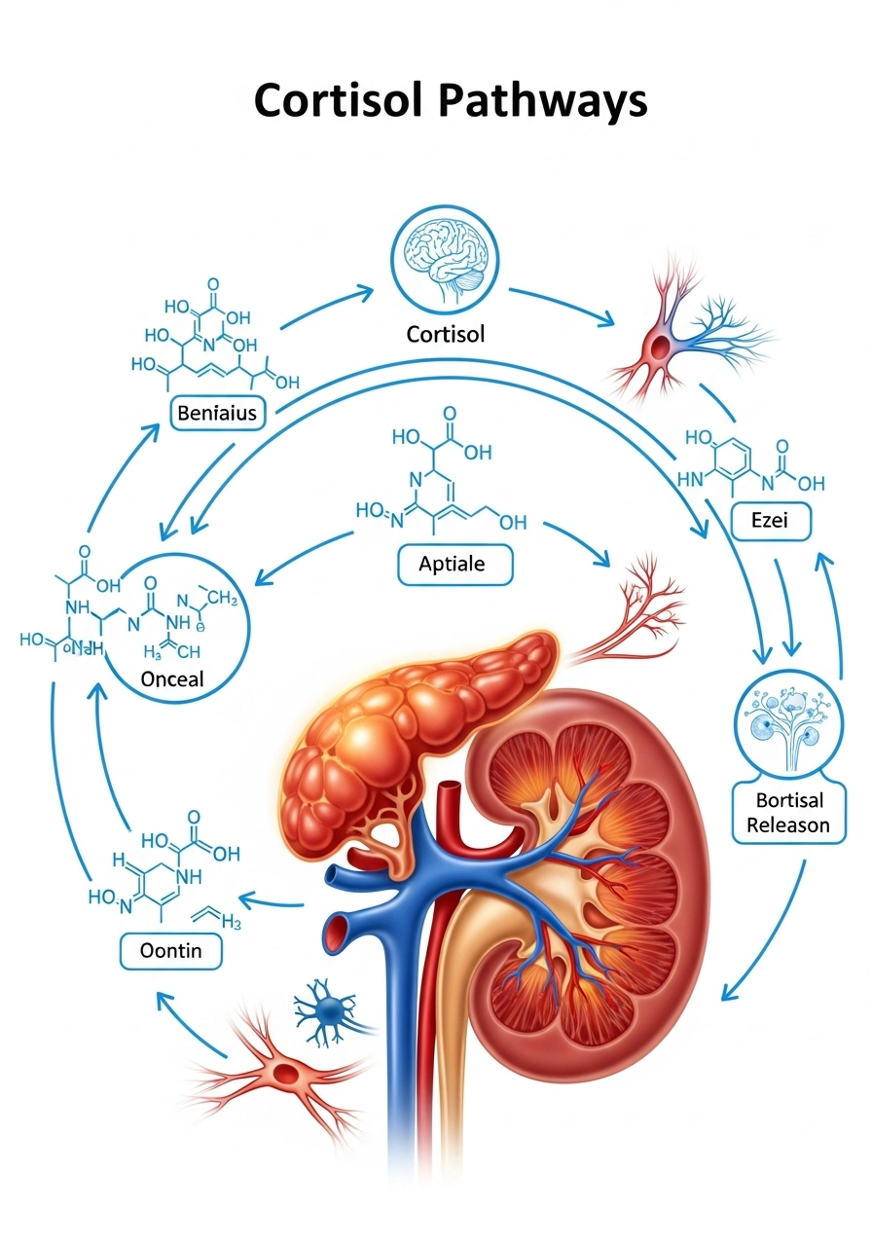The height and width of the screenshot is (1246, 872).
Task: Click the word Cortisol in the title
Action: [335, 100]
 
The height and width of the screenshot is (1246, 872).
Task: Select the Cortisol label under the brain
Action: [446, 334]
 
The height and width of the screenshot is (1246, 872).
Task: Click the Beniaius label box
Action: [217, 414]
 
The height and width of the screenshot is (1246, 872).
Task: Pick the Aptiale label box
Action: [455, 564]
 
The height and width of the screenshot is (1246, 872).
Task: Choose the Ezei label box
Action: [769, 521]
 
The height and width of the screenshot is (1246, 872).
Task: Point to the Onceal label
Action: [172, 678]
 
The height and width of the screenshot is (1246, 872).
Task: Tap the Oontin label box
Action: [170, 950]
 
